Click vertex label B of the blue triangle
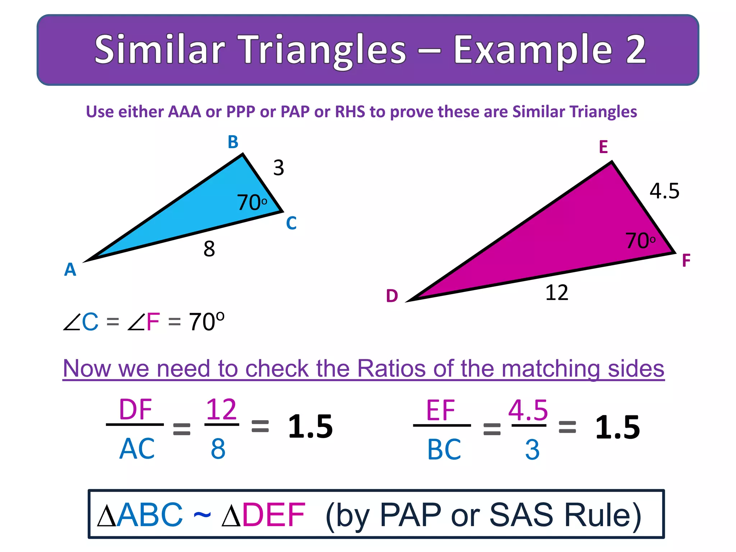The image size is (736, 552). (233, 142)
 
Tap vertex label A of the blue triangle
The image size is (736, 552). (70, 270)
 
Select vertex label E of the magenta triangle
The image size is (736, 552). (603, 147)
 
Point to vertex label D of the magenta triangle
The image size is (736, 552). (392, 296)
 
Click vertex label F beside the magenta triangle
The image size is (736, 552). (686, 261)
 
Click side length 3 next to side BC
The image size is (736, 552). (279, 168)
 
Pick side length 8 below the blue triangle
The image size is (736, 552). (209, 249)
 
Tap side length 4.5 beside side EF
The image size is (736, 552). (664, 191)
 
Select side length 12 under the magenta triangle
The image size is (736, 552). (557, 293)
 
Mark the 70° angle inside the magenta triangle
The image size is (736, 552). (640, 240)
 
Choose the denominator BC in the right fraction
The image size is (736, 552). (444, 450)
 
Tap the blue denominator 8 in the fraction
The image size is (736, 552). (218, 449)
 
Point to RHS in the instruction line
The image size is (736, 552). (350, 112)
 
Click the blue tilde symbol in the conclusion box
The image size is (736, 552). (202, 515)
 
